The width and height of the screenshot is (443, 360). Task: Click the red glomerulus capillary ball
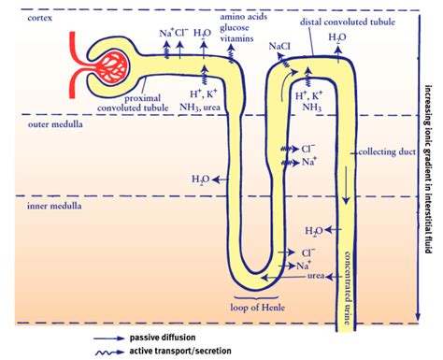click(x=111, y=67)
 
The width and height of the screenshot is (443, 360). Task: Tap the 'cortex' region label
click(x=40, y=18)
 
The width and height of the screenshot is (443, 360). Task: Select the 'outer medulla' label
click(x=55, y=124)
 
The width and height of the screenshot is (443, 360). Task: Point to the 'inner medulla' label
click(x=54, y=206)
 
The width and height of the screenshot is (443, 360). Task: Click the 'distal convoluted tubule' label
click(x=348, y=22)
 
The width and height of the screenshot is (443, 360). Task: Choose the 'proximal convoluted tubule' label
click(x=133, y=103)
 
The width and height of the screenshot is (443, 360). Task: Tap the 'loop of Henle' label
click(x=258, y=308)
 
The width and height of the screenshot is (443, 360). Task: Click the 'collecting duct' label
click(x=387, y=151)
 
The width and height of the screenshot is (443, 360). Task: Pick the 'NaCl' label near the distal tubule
click(x=279, y=47)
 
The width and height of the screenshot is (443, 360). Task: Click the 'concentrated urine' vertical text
click(x=348, y=287)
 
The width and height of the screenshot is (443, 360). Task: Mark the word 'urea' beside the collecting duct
click(x=316, y=276)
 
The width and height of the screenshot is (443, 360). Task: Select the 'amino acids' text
click(x=244, y=17)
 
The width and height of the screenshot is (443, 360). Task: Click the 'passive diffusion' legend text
click(x=163, y=338)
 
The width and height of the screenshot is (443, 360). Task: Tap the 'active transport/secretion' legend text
click(x=180, y=351)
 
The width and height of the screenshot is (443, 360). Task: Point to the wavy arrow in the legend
click(x=109, y=353)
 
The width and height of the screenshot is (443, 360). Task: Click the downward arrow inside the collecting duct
click(x=346, y=186)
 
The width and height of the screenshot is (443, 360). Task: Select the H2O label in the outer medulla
click(x=201, y=180)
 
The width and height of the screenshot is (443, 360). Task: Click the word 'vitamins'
click(x=236, y=38)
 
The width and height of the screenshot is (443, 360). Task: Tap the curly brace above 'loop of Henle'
click(x=256, y=298)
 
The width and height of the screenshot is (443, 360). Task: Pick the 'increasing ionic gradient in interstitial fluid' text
click(x=428, y=169)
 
